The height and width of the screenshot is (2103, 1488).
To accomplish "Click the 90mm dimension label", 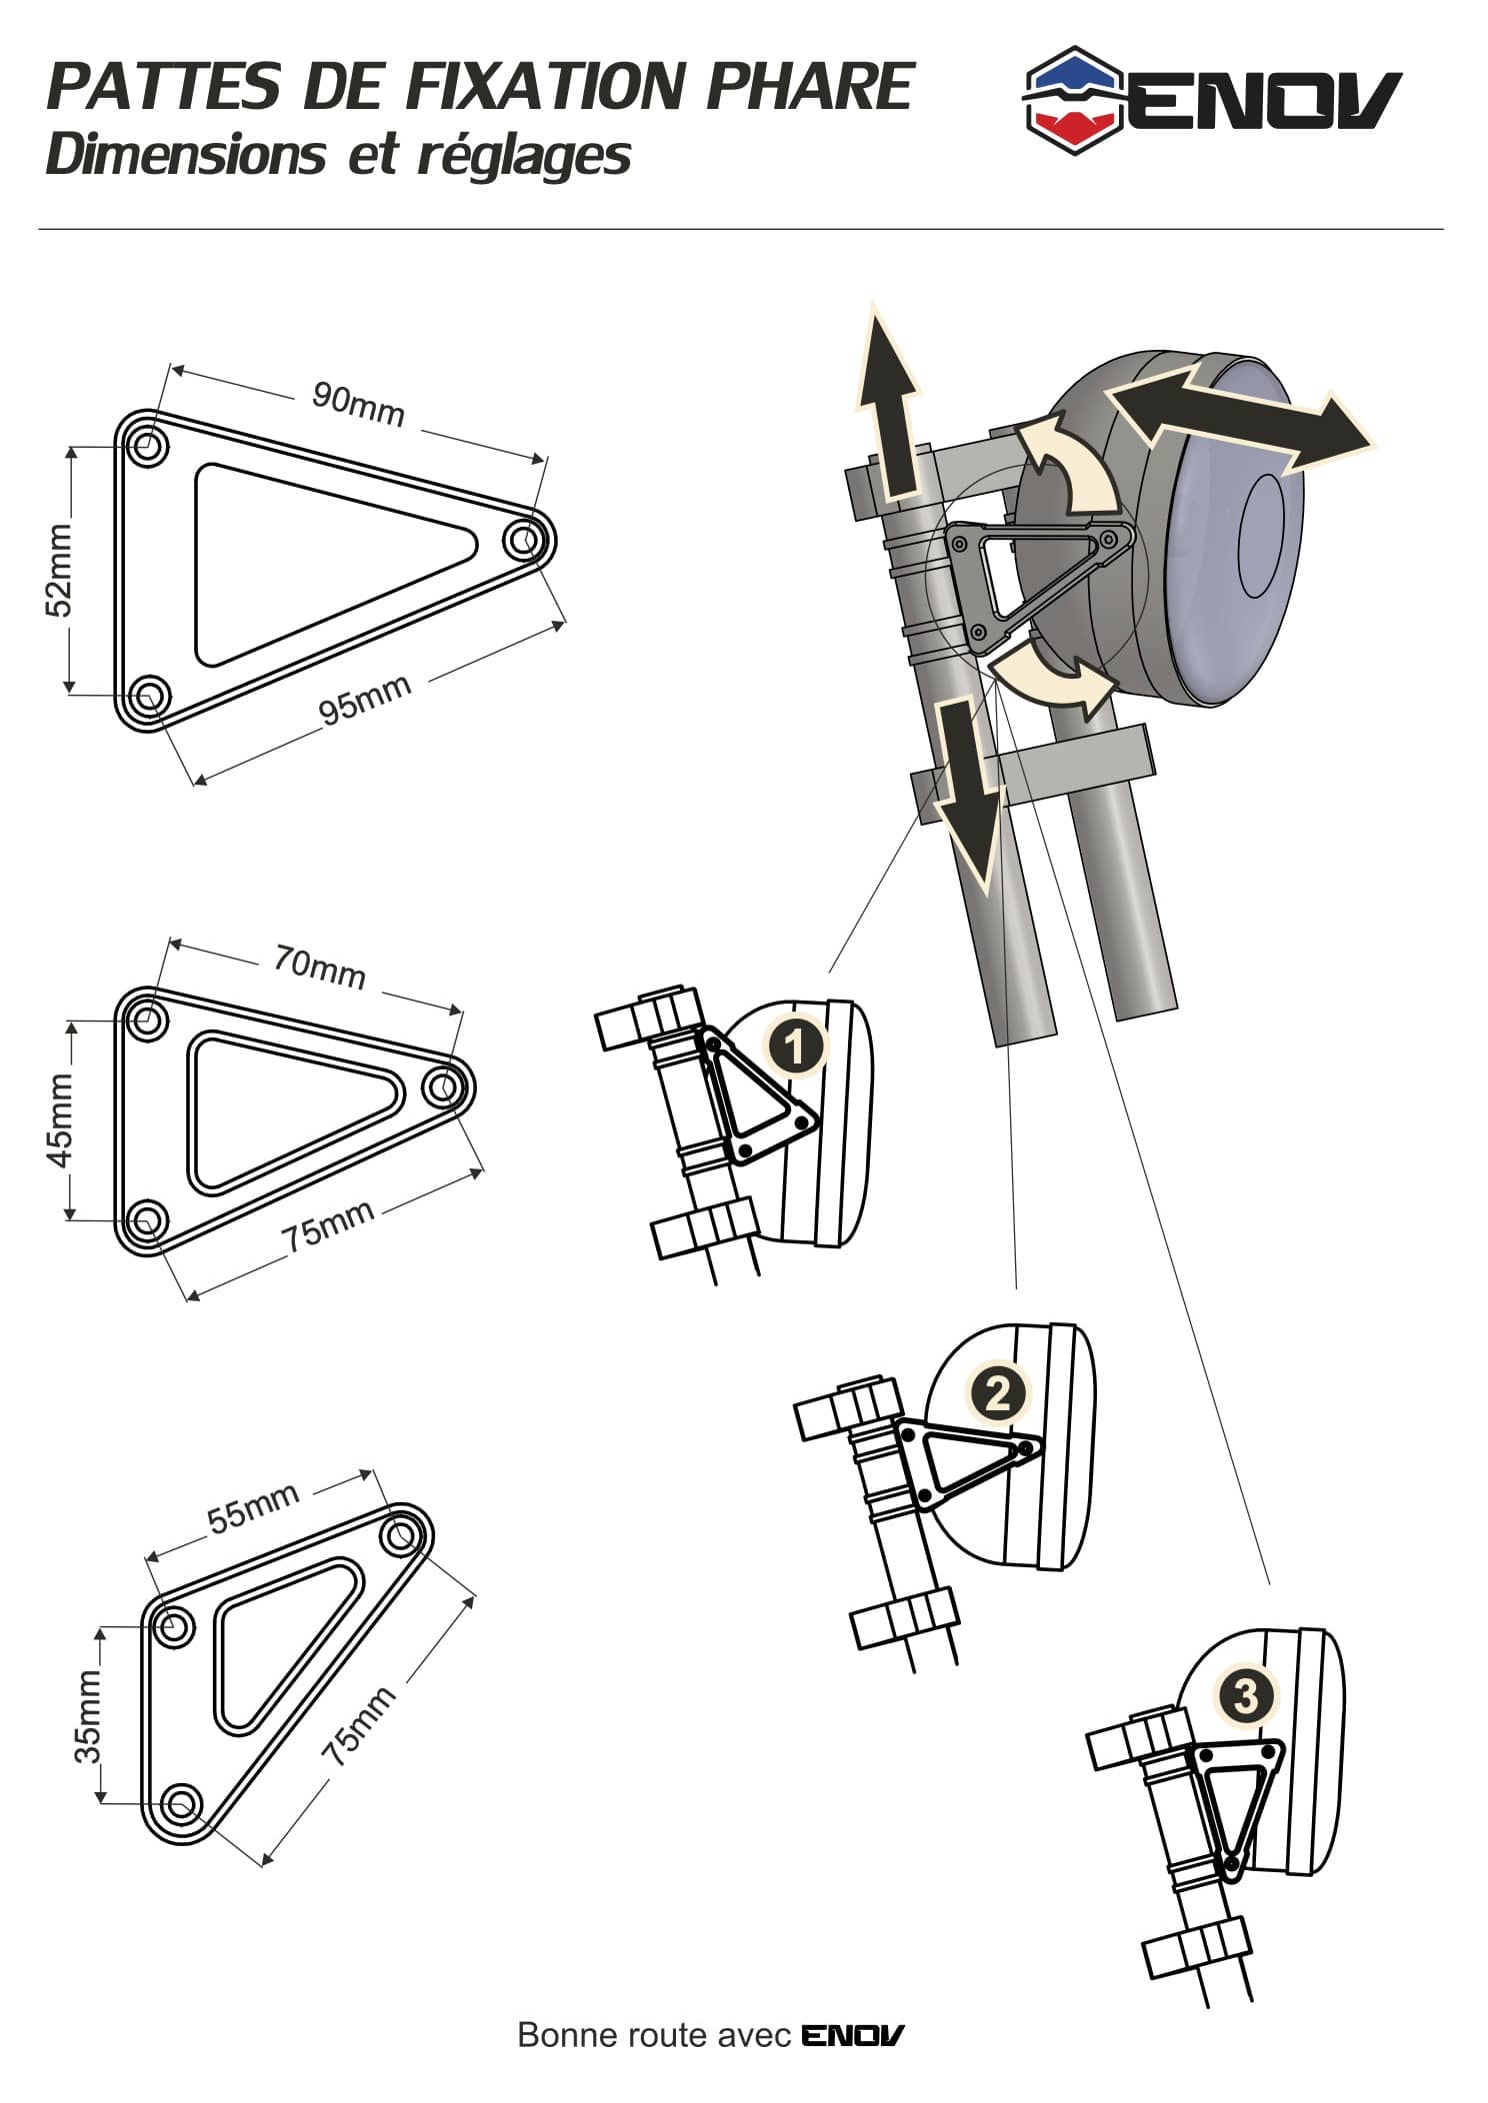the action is click(358, 403).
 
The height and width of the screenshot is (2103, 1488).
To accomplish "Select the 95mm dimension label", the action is click(365, 698).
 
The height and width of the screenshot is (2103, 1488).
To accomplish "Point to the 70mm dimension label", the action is click(320, 967).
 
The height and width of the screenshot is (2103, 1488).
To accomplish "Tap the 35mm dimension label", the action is click(88, 1716).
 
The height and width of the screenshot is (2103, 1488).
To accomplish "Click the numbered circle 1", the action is click(795, 1049).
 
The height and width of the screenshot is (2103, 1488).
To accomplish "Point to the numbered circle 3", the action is click(1246, 1696).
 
